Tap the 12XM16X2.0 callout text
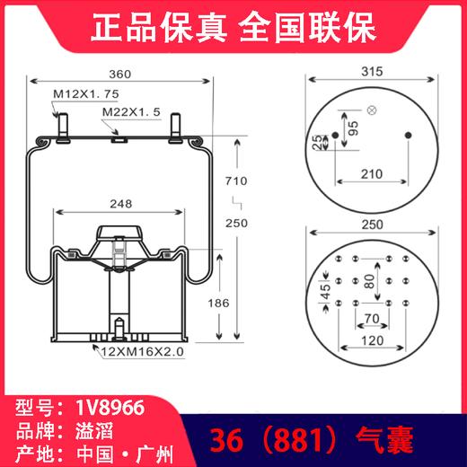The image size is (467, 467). tap(143, 352)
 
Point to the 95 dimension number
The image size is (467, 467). tap(353, 126)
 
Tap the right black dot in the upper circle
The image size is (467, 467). tap(409, 136)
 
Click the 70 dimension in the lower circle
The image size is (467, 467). tap(371, 318)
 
